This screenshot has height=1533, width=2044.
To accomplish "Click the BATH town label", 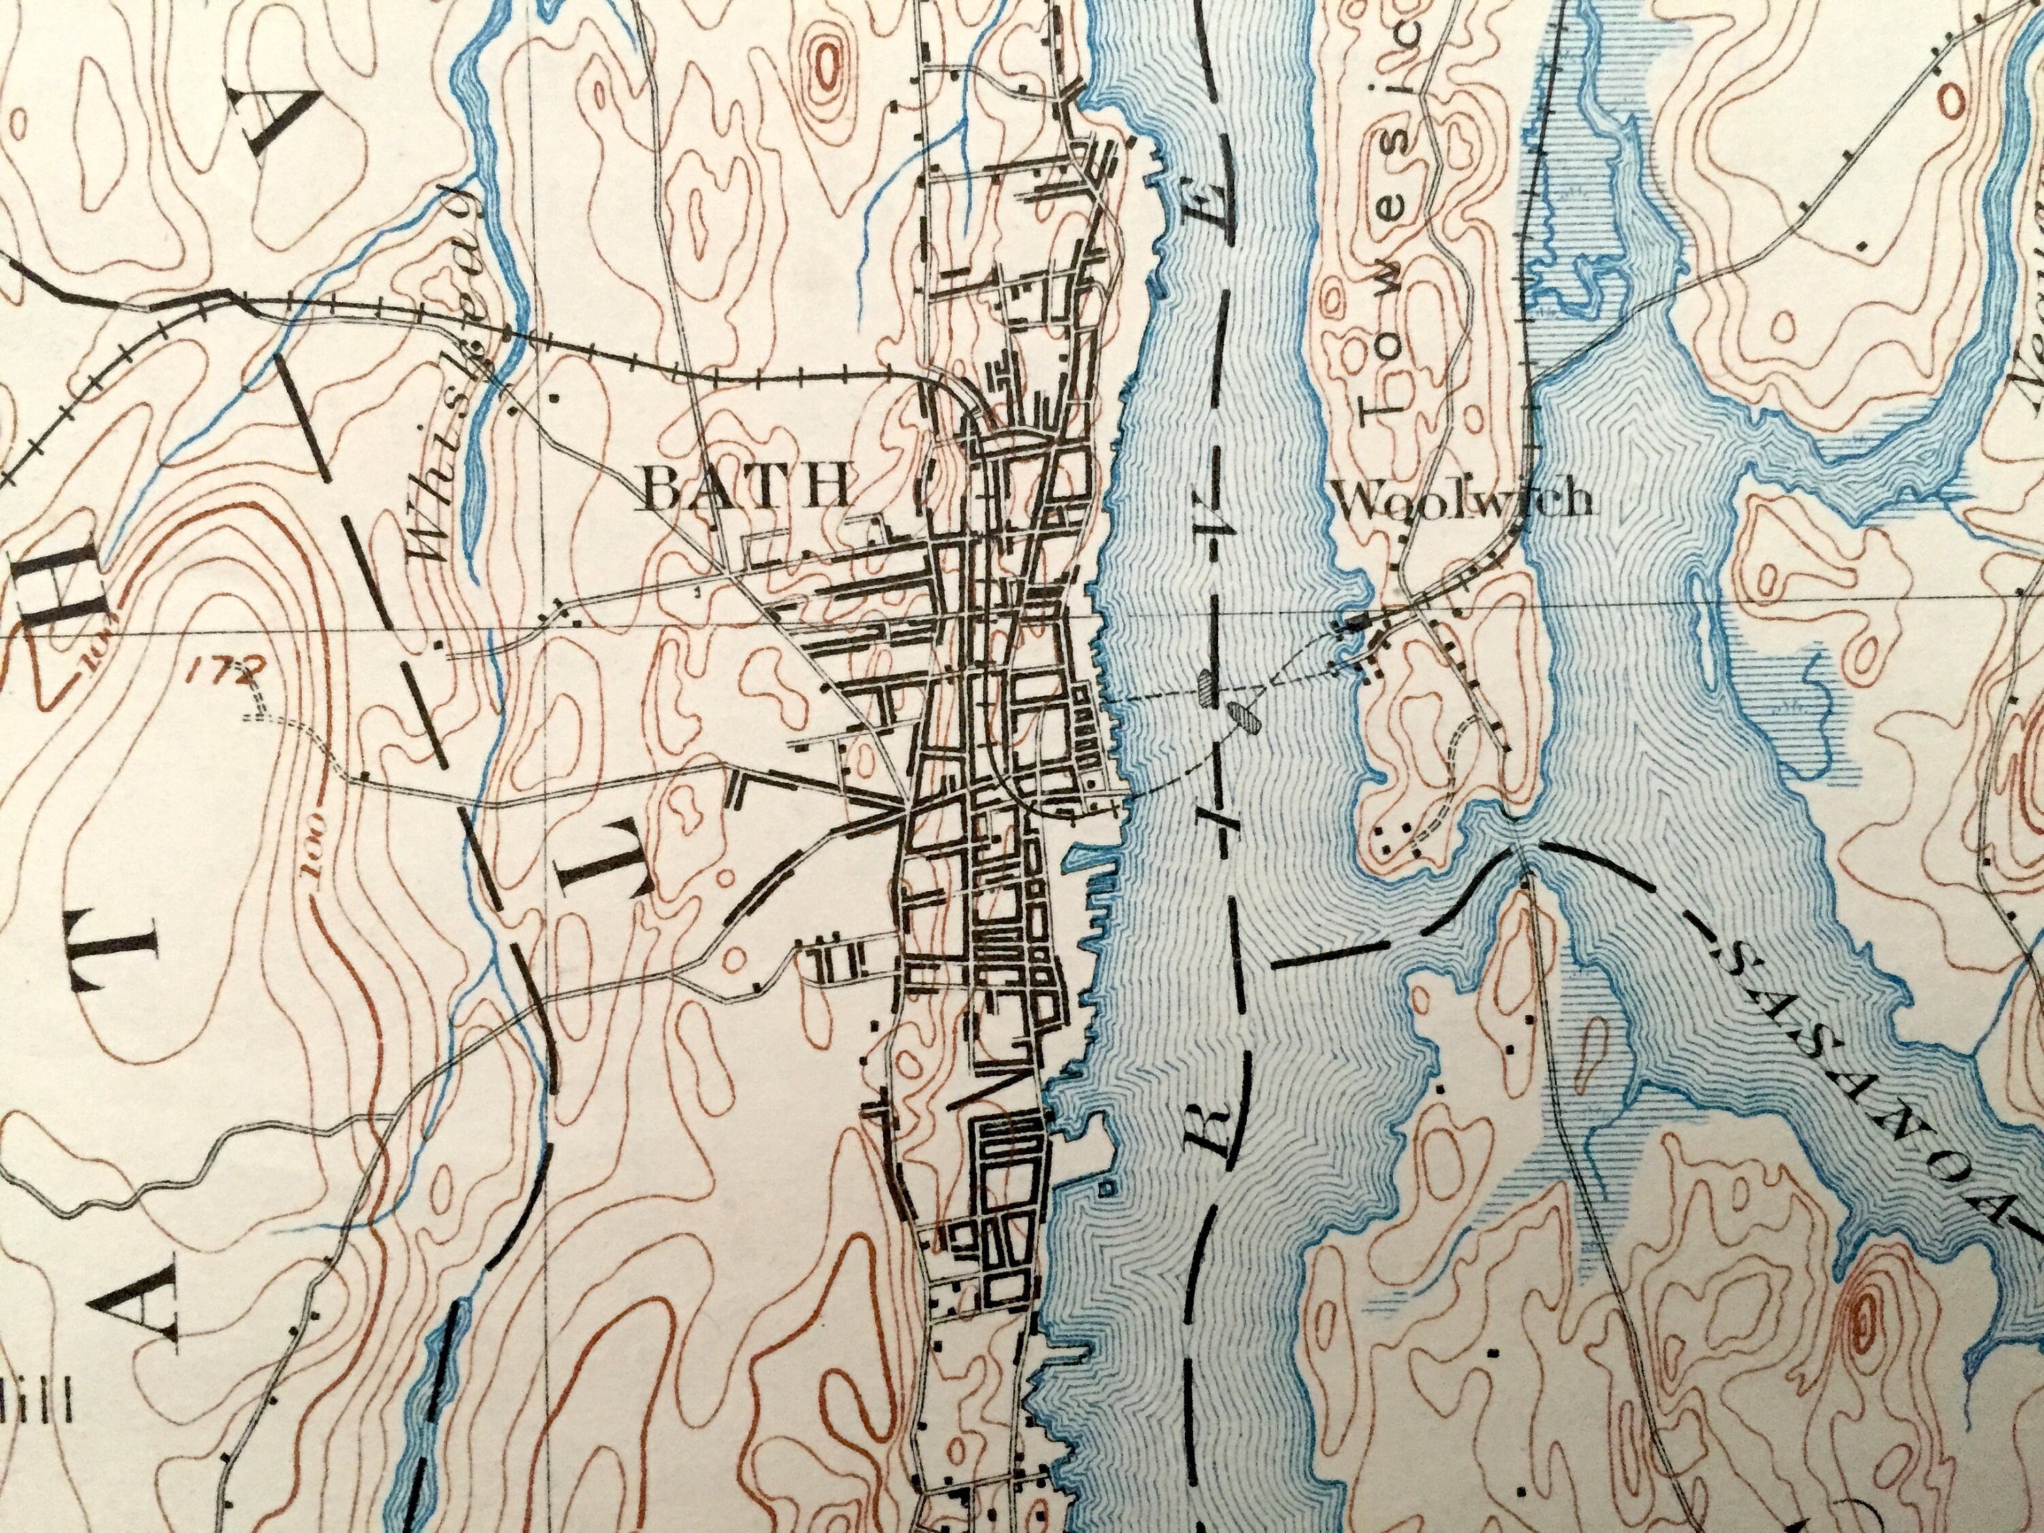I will tap(745, 488).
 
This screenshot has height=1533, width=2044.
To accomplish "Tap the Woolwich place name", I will tap(1466, 500).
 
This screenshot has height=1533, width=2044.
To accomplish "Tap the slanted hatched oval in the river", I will tap(1243, 718).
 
